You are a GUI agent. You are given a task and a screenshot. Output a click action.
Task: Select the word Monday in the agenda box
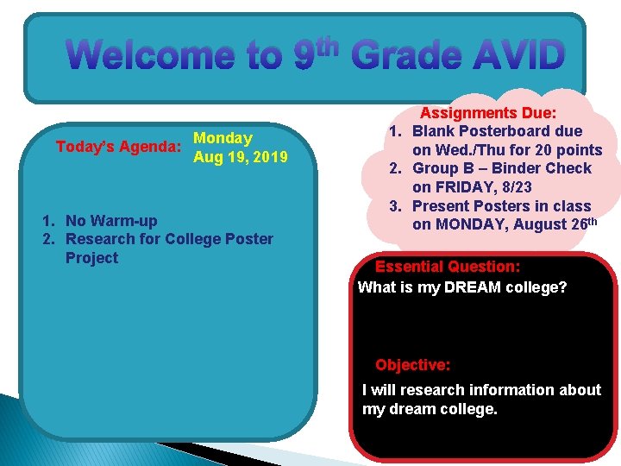point(223,138)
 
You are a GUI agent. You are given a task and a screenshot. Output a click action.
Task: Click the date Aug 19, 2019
point(241,157)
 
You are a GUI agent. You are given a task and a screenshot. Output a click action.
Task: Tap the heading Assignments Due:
point(487,113)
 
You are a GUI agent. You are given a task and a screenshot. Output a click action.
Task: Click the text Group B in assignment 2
point(441,168)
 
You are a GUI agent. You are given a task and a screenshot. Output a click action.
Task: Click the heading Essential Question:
point(447,268)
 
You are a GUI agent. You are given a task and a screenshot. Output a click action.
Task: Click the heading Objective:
point(412,365)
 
